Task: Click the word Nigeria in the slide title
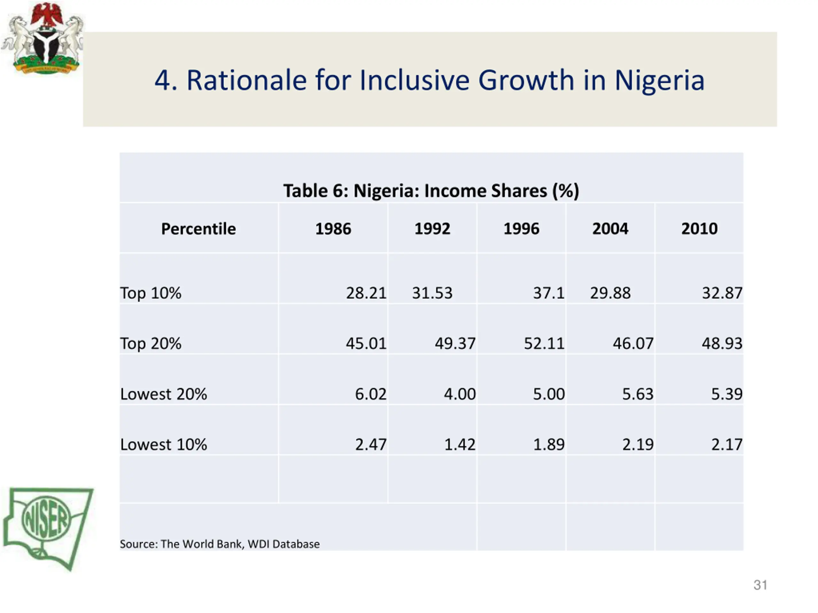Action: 660,80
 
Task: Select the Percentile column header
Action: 198,229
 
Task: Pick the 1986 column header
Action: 333,229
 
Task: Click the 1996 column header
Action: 521,229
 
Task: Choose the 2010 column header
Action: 699,229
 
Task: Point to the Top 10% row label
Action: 151,293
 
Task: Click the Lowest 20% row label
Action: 164,394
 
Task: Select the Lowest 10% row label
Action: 164,444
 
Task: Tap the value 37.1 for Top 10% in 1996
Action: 548,293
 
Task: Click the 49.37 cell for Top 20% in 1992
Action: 455,343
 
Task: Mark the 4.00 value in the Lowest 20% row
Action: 460,394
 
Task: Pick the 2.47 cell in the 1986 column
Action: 371,444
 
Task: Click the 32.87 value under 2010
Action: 722,293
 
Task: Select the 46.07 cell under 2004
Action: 633,343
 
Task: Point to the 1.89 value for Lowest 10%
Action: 548,444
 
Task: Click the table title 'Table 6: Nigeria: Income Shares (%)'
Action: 431,191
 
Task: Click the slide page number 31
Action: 760,585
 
